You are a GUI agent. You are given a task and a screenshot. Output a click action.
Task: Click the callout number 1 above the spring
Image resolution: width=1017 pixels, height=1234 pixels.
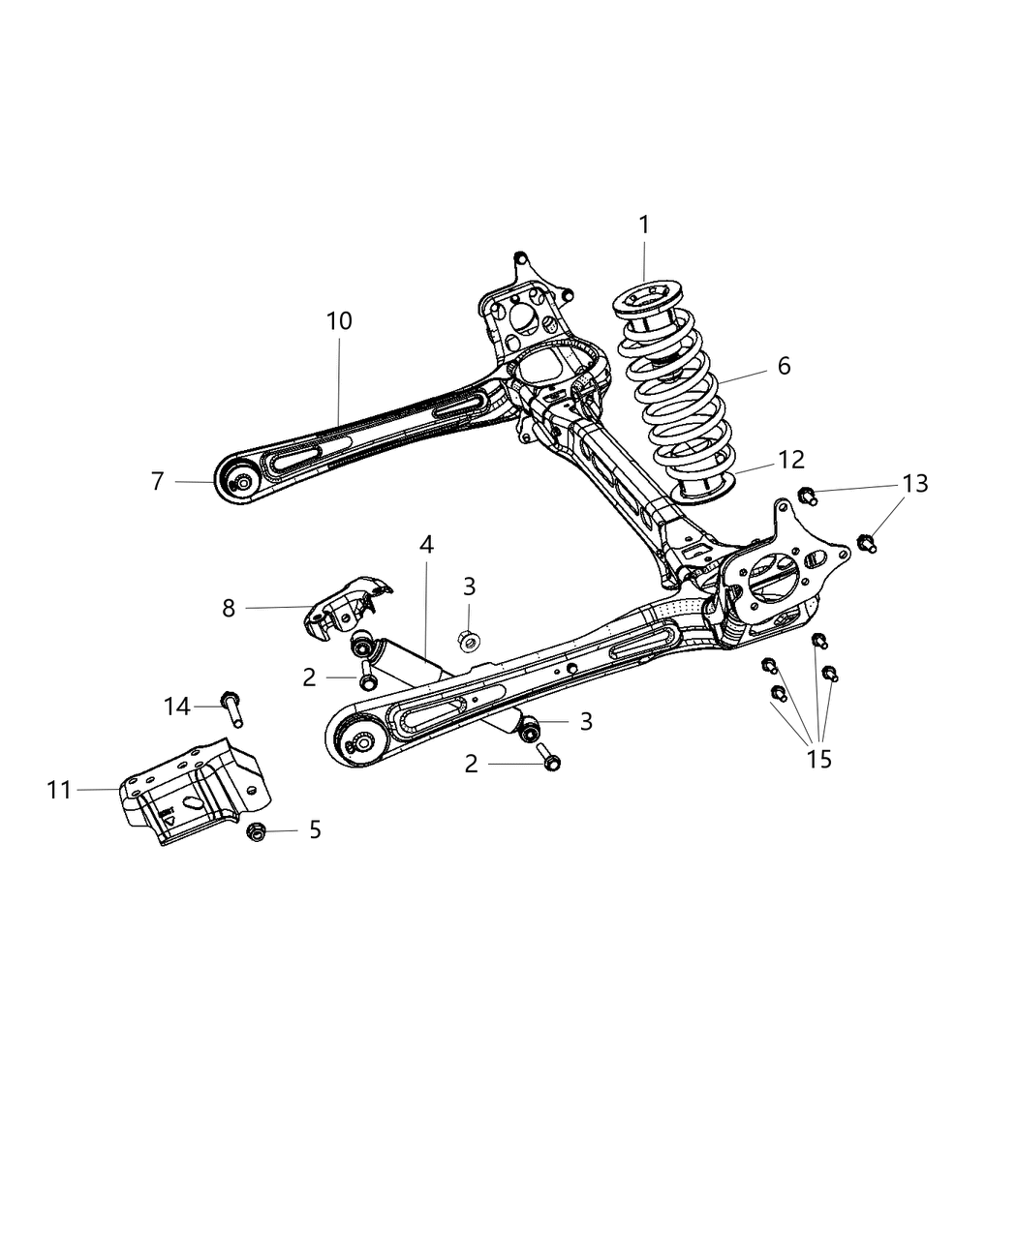click(644, 225)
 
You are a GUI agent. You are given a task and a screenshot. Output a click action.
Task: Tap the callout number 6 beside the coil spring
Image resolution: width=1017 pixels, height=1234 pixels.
click(783, 365)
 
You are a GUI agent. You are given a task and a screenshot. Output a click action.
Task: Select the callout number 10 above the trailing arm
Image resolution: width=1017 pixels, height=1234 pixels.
click(339, 320)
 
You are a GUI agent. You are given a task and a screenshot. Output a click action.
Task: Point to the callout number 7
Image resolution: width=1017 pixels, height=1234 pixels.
click(157, 481)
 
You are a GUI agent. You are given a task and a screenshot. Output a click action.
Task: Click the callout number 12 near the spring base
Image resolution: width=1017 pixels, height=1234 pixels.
click(790, 459)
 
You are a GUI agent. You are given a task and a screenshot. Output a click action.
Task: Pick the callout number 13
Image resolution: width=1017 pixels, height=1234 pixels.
click(914, 483)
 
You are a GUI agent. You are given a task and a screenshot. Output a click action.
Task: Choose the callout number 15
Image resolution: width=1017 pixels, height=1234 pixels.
click(818, 759)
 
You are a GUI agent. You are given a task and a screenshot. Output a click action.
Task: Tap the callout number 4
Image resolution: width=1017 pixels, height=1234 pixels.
click(426, 545)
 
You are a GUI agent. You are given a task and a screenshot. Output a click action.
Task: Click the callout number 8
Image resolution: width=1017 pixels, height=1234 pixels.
click(229, 609)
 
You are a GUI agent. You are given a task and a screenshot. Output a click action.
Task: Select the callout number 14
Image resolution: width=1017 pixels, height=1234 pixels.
click(177, 707)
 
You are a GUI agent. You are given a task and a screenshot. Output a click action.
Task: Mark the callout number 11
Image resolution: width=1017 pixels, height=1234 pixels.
click(60, 790)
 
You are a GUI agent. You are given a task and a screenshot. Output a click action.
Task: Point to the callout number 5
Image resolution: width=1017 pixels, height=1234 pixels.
click(315, 829)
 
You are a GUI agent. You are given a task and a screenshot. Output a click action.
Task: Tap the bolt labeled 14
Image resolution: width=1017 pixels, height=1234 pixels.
click(232, 707)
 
